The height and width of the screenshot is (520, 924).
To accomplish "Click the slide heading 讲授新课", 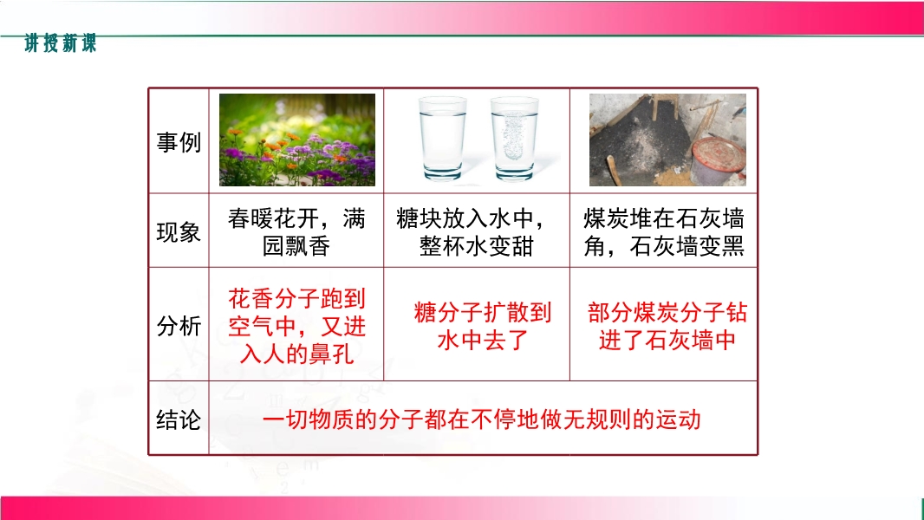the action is pos(60,43).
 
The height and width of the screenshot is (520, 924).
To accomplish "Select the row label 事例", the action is pos(179,142).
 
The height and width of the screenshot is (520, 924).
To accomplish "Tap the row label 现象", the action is pos(179,232).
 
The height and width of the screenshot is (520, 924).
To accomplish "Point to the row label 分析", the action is pos(179,326).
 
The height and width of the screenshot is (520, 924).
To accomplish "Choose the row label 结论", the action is pos(179,419).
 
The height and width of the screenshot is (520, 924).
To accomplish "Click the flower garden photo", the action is pos(297,140).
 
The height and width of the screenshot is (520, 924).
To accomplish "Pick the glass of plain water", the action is pos(442,139).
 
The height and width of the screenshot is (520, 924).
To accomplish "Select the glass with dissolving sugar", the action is pos(515,139).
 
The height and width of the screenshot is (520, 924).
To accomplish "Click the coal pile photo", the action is pos(667,140).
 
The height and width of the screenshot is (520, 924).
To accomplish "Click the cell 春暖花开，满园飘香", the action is pos(296,232).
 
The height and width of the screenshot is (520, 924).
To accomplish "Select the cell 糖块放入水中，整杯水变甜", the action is pos(472,232).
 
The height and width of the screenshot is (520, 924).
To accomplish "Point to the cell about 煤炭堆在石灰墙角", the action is pos(664,232).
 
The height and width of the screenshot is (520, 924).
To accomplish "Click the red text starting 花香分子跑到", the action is pos(297,326).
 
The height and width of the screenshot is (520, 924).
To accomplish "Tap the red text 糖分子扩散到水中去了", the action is pos(483,326).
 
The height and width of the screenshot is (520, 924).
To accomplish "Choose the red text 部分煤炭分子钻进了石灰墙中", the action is pos(667,326).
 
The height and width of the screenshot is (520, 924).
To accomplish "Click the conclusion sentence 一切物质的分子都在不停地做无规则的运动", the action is pos(481,419).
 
